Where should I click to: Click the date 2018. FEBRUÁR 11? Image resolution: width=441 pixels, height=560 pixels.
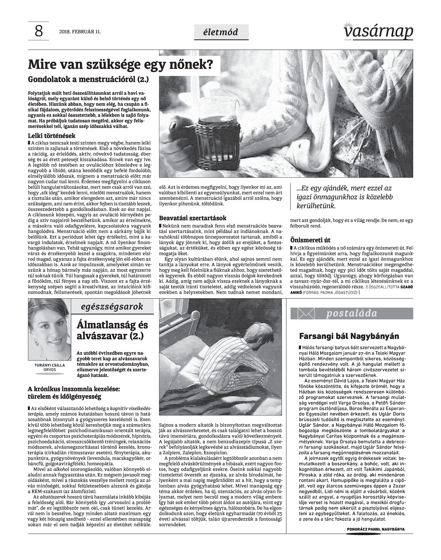click(x=80, y=32)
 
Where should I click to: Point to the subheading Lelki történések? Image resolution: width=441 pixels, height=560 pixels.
click(x=52, y=136)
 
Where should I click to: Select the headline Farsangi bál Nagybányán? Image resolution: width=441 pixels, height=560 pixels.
click(x=349, y=336)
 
